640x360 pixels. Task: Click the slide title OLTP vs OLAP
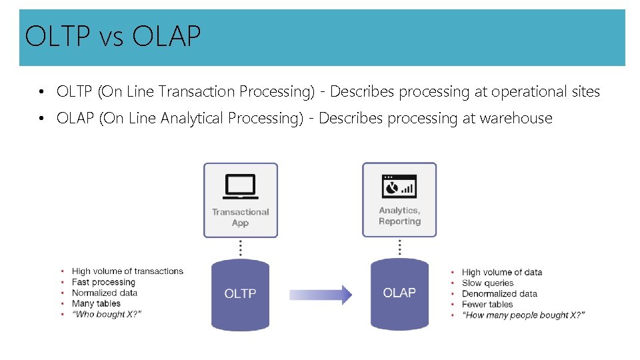pos(112,37)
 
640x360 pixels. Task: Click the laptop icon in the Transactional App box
pos(240,186)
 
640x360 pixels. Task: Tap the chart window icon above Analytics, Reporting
pos(399,186)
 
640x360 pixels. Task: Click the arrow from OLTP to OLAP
pos(321,294)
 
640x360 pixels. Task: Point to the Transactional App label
pos(240,217)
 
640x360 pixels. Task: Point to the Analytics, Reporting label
pos(399,216)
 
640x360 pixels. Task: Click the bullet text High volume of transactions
pos(127,271)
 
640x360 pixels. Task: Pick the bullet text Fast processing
pos(103,282)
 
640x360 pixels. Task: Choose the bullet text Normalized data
pos(105,293)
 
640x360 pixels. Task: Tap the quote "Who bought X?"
pos(107,314)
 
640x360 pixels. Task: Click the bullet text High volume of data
pos(502,272)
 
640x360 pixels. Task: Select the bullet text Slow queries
pos(488,283)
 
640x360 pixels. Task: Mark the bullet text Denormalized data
pos(499,293)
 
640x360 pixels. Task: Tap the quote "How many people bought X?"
pos(523,315)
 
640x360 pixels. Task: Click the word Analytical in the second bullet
pos(194,119)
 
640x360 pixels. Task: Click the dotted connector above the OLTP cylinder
pos(240,248)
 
